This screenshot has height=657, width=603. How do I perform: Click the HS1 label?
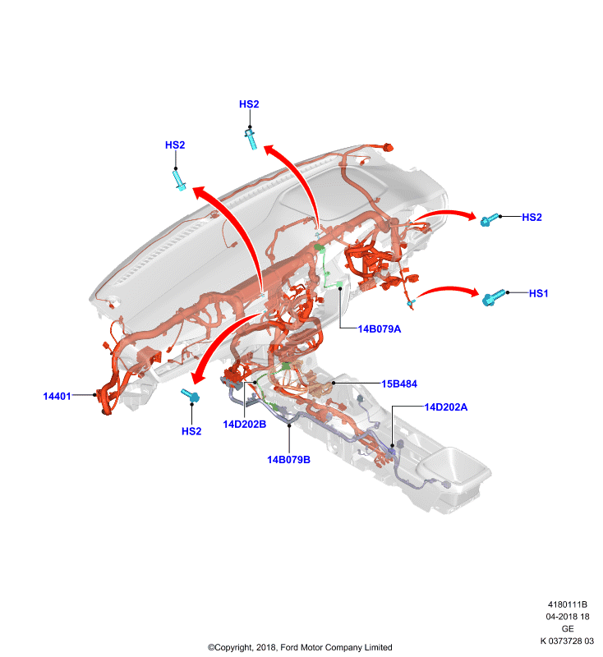[x=538, y=293]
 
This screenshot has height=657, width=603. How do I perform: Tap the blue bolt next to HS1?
[x=494, y=297]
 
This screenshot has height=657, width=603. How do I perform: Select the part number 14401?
[x=57, y=396]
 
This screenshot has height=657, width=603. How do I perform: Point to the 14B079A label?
[x=380, y=329]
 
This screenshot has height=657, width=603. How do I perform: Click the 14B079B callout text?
[x=288, y=460]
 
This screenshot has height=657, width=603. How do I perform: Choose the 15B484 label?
[x=399, y=384]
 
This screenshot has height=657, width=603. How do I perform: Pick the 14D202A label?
[x=446, y=407]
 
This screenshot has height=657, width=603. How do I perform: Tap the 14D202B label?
[x=244, y=424]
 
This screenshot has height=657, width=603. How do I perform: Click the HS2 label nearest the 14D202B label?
[x=191, y=431]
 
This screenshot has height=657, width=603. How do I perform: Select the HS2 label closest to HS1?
[x=532, y=217]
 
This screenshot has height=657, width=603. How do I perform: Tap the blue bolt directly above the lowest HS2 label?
[x=191, y=395]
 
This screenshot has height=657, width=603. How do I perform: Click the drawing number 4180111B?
[x=568, y=604]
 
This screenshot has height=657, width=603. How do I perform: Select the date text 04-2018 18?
[x=568, y=617]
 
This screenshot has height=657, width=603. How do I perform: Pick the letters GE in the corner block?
[x=568, y=629]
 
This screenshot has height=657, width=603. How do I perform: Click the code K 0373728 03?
[x=567, y=641]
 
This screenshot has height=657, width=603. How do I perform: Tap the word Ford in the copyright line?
[x=289, y=647]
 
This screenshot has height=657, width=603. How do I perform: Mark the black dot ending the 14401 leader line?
[x=94, y=395]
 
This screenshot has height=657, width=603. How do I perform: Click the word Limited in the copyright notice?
[x=379, y=647]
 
